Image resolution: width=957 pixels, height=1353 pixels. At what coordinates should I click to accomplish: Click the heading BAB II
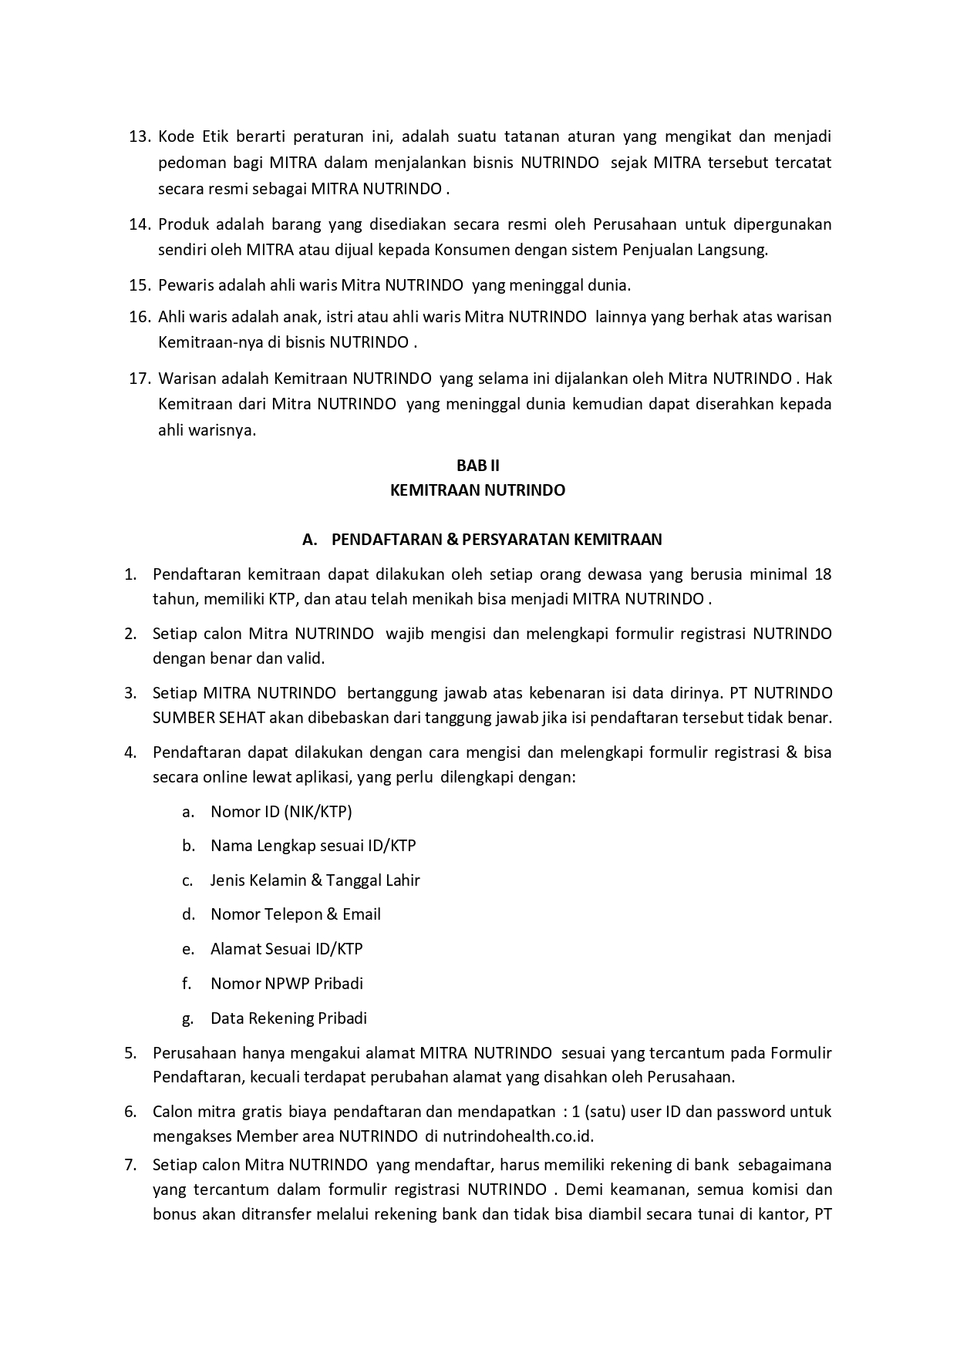point(477,466)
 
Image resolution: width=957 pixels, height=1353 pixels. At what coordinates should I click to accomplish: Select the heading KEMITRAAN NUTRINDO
point(477,490)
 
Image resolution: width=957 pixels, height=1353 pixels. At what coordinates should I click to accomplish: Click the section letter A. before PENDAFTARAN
point(310,540)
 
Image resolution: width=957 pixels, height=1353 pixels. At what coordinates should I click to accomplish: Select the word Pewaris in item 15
point(183,285)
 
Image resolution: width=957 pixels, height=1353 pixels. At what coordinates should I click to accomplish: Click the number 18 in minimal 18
point(822,574)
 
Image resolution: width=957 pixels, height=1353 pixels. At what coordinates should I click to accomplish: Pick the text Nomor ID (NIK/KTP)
point(281,811)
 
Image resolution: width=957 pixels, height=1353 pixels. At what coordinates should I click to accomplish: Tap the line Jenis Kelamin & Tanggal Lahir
point(315,880)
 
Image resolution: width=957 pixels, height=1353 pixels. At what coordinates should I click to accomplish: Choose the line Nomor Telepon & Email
point(295,914)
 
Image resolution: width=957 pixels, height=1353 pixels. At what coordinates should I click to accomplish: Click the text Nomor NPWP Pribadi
point(286,984)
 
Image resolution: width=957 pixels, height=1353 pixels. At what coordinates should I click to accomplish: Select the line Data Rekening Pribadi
point(288,1018)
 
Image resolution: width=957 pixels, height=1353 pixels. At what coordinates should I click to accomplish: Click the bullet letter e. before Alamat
point(188,949)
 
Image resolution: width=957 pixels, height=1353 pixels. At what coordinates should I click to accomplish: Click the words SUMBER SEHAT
point(209,718)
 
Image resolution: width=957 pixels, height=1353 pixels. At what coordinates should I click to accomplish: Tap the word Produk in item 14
point(183,224)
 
